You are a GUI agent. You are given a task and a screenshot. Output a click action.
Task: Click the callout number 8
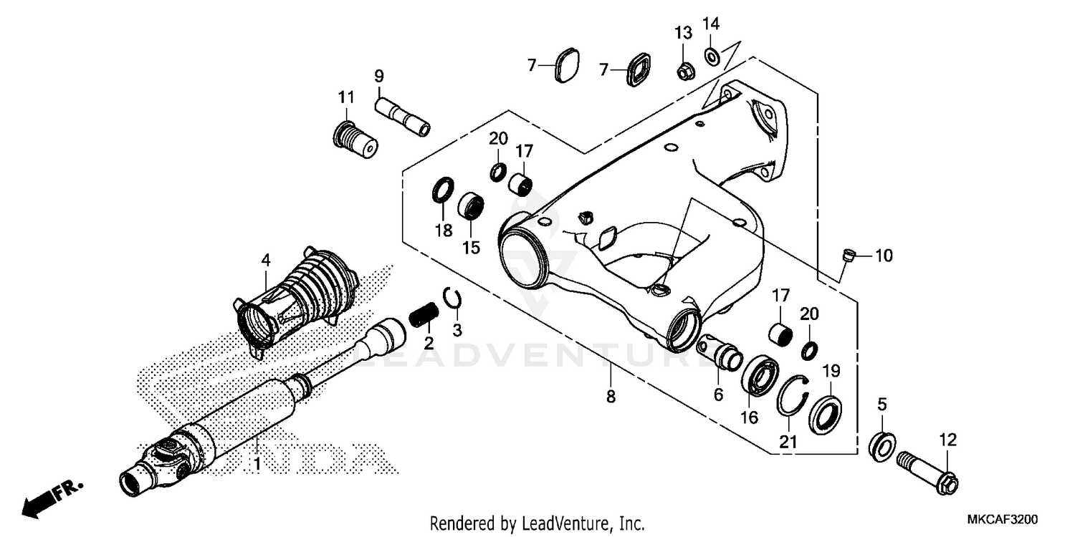point(611,396)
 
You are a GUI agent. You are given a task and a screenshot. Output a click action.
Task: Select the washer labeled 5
point(880,445)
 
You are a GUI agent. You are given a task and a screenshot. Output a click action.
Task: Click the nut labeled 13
point(684,70)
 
